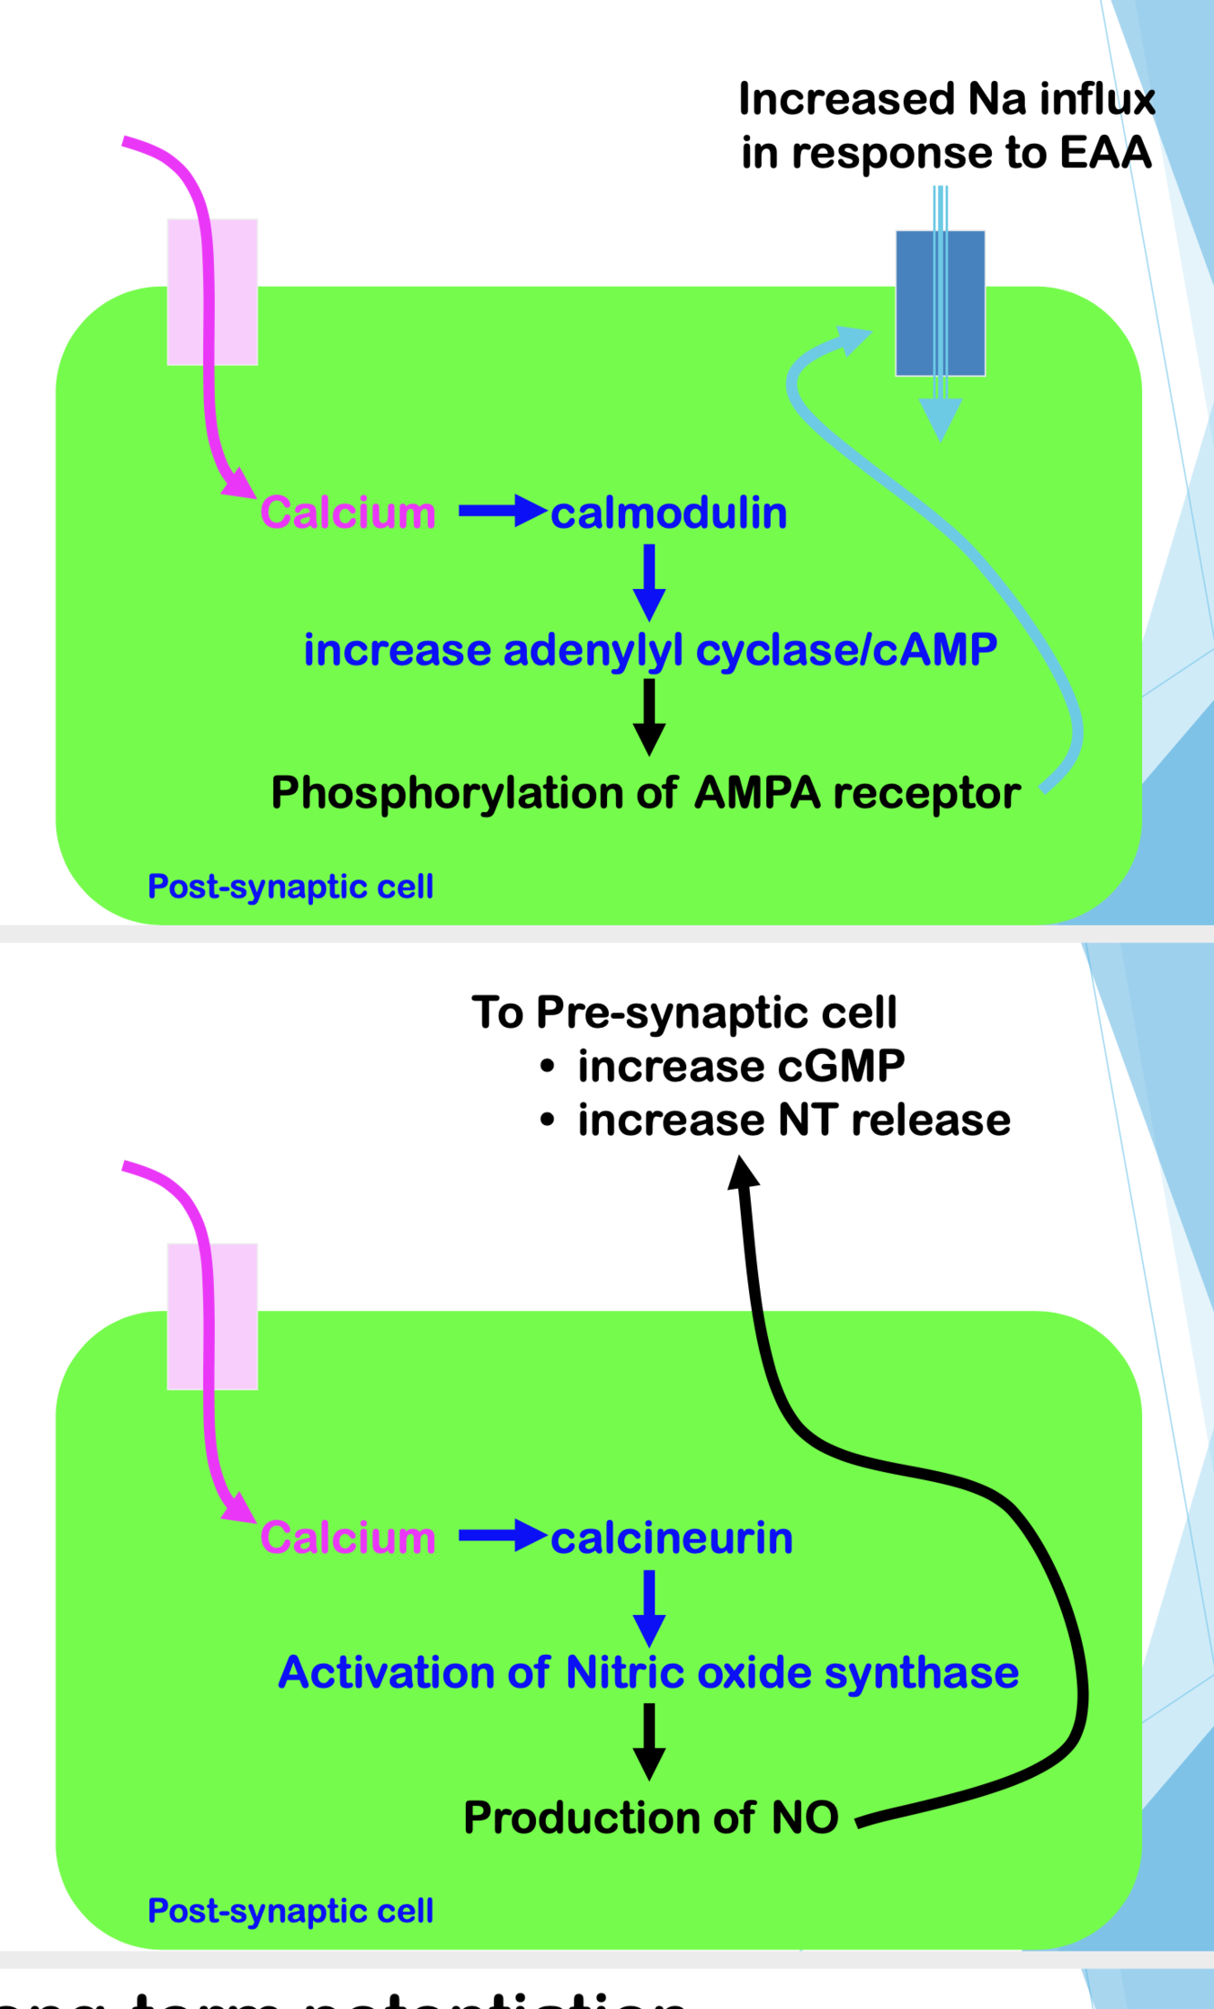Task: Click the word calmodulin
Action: click(x=669, y=513)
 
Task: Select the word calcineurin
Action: click(x=672, y=1538)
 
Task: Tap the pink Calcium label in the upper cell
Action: click(x=348, y=513)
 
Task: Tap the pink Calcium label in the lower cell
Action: click(x=348, y=1538)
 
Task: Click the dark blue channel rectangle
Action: click(x=915, y=302)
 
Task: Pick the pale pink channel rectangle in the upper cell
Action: click(x=235, y=291)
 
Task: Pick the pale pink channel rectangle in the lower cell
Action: click(x=235, y=1316)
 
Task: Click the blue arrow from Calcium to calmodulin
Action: click(x=501, y=512)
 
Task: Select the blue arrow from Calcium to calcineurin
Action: click(x=501, y=1537)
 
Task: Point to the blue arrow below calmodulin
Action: click(x=649, y=581)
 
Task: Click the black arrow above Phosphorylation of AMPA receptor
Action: click(x=649, y=716)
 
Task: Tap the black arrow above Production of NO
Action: click(x=649, y=1741)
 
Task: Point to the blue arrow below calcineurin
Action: click(x=649, y=1607)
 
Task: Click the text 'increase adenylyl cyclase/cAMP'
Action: click(x=650, y=650)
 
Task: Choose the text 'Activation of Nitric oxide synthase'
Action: click(x=648, y=1673)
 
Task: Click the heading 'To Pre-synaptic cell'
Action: click(x=684, y=1012)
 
